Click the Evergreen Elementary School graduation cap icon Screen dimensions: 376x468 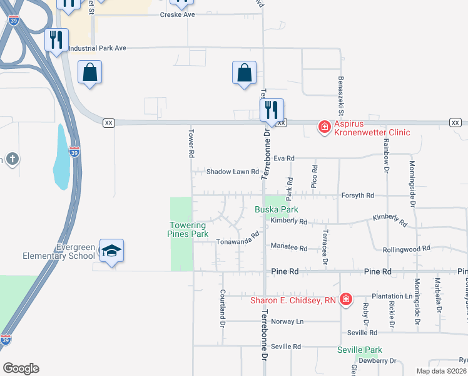tap(112, 251)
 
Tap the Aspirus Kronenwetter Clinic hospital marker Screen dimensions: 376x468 tap(324, 127)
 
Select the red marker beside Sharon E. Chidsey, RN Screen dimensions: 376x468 tap(345, 300)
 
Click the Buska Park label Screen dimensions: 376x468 tap(276, 209)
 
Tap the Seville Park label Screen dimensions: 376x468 tap(359, 349)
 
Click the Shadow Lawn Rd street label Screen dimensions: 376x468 tap(233, 172)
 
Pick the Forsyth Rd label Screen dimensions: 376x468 tap(357, 196)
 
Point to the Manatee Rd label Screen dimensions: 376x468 tap(289, 248)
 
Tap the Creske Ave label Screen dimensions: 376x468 tap(178, 14)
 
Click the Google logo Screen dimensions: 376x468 tap(21, 368)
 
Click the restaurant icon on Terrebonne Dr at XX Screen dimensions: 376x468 tap(272, 111)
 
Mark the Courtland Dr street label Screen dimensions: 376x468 tap(222, 308)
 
